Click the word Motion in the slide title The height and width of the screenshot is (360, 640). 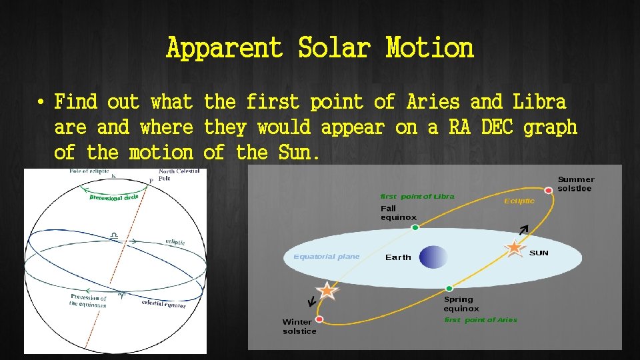pyautogui.click(x=429, y=48)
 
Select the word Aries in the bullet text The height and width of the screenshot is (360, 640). pyautogui.click(x=432, y=102)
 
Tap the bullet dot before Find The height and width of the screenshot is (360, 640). pyautogui.click(x=41, y=103)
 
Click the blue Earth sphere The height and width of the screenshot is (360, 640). pyautogui.click(x=433, y=257)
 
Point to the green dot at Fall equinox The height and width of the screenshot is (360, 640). pyautogui.click(x=415, y=228)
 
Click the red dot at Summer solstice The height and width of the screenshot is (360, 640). pyautogui.click(x=548, y=191)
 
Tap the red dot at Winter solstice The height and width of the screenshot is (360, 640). pyautogui.click(x=319, y=319)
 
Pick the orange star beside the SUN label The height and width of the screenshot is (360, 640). pyautogui.click(x=514, y=247)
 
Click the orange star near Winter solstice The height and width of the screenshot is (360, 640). pyautogui.click(x=327, y=290)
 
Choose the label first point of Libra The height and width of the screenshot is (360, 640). pyautogui.click(x=417, y=196)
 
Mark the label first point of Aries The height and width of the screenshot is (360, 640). pyautogui.click(x=480, y=320)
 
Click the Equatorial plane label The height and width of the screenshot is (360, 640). pyautogui.click(x=326, y=257)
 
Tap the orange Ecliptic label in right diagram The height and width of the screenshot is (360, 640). pyautogui.click(x=519, y=201)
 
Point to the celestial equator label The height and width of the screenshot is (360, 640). pyautogui.click(x=163, y=304)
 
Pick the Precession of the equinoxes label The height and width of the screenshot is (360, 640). pyautogui.click(x=87, y=301)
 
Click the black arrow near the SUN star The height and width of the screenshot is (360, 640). pyautogui.click(x=523, y=230)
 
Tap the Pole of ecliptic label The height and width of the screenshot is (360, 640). pyautogui.click(x=89, y=172)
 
